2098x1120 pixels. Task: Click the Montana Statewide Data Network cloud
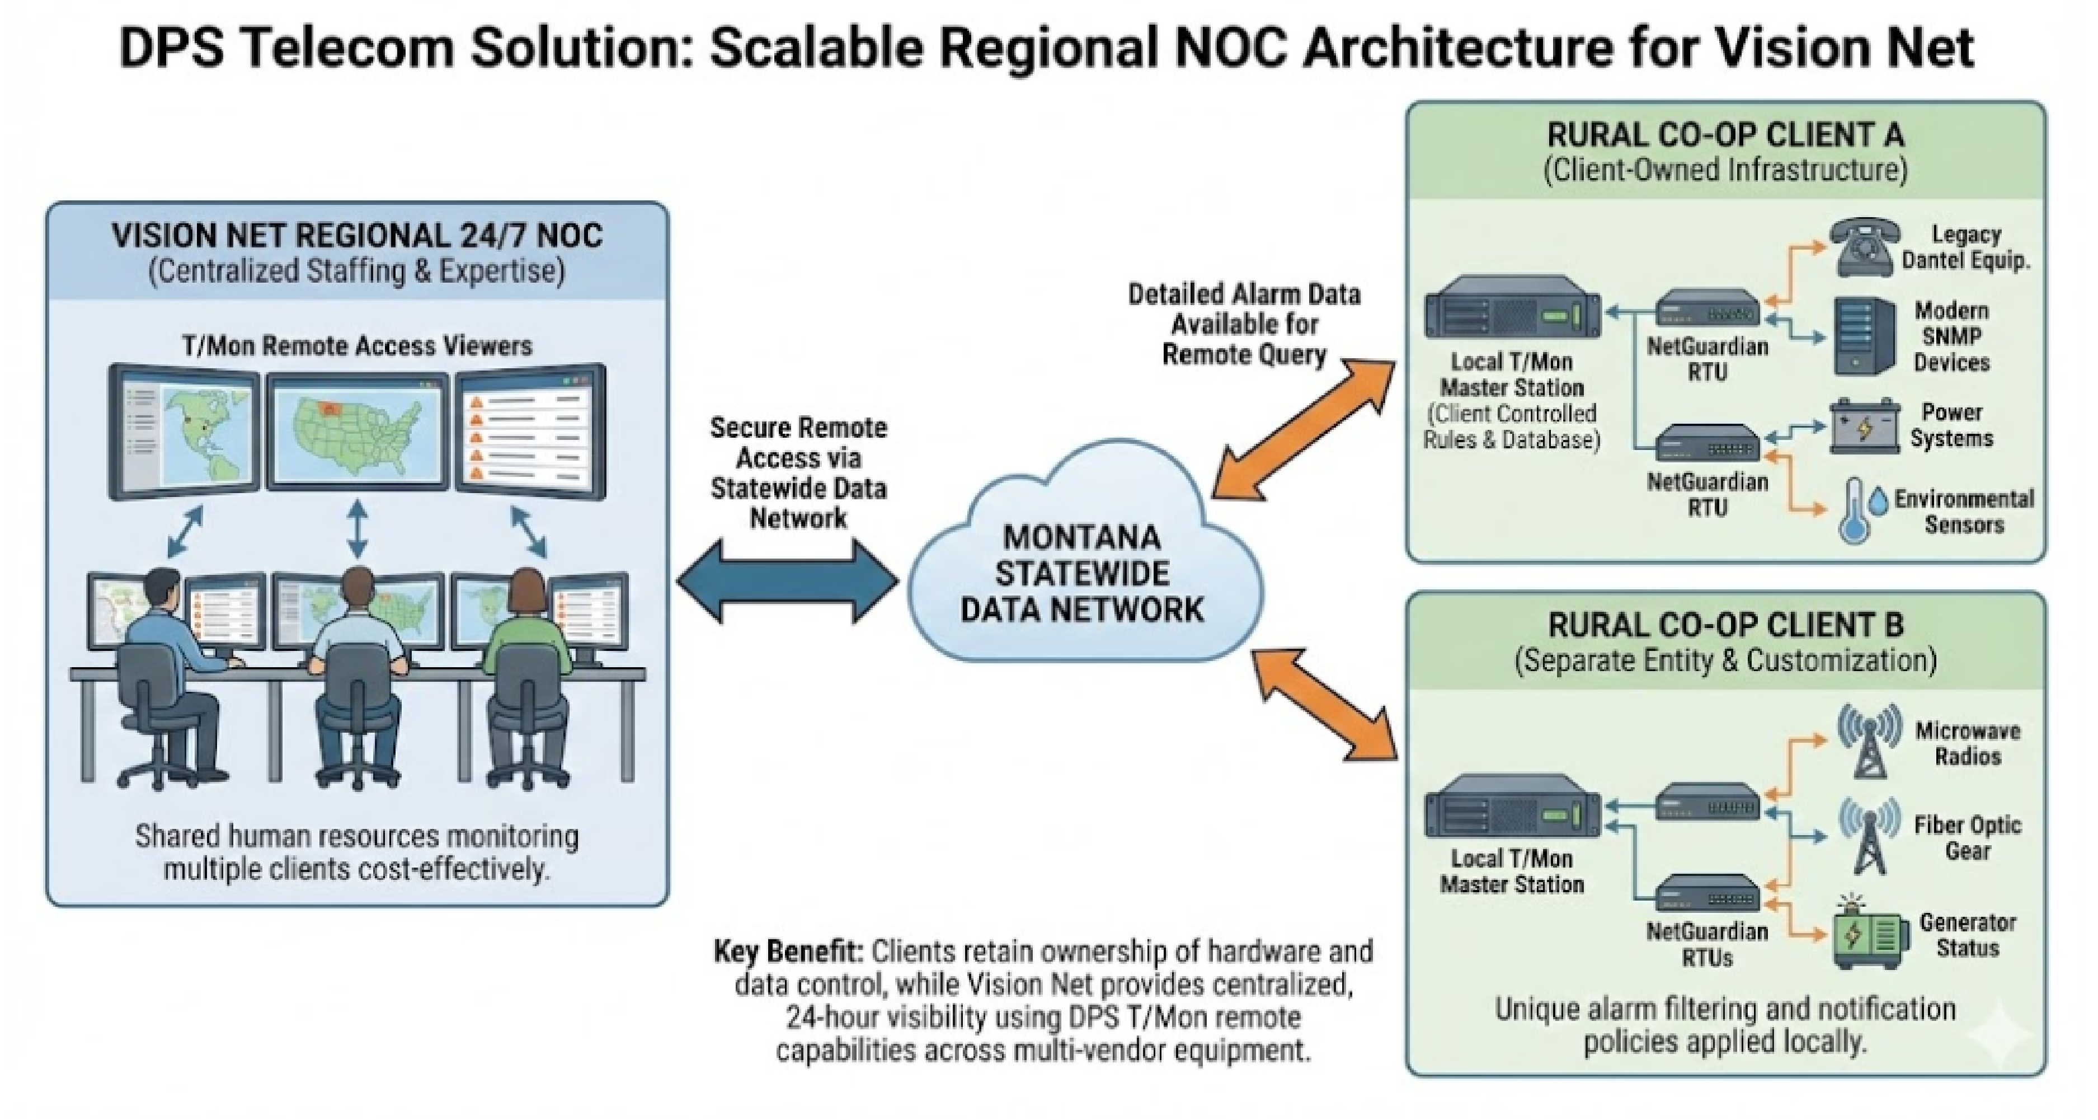tap(1083, 570)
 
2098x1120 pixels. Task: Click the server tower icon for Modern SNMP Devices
tap(1864, 336)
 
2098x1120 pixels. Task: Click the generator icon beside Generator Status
tap(1869, 937)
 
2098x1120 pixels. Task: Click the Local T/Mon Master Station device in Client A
tap(1512, 313)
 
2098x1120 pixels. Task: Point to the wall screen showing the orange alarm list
tap(529, 429)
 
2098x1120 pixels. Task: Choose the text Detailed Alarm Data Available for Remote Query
tap(1244, 324)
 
